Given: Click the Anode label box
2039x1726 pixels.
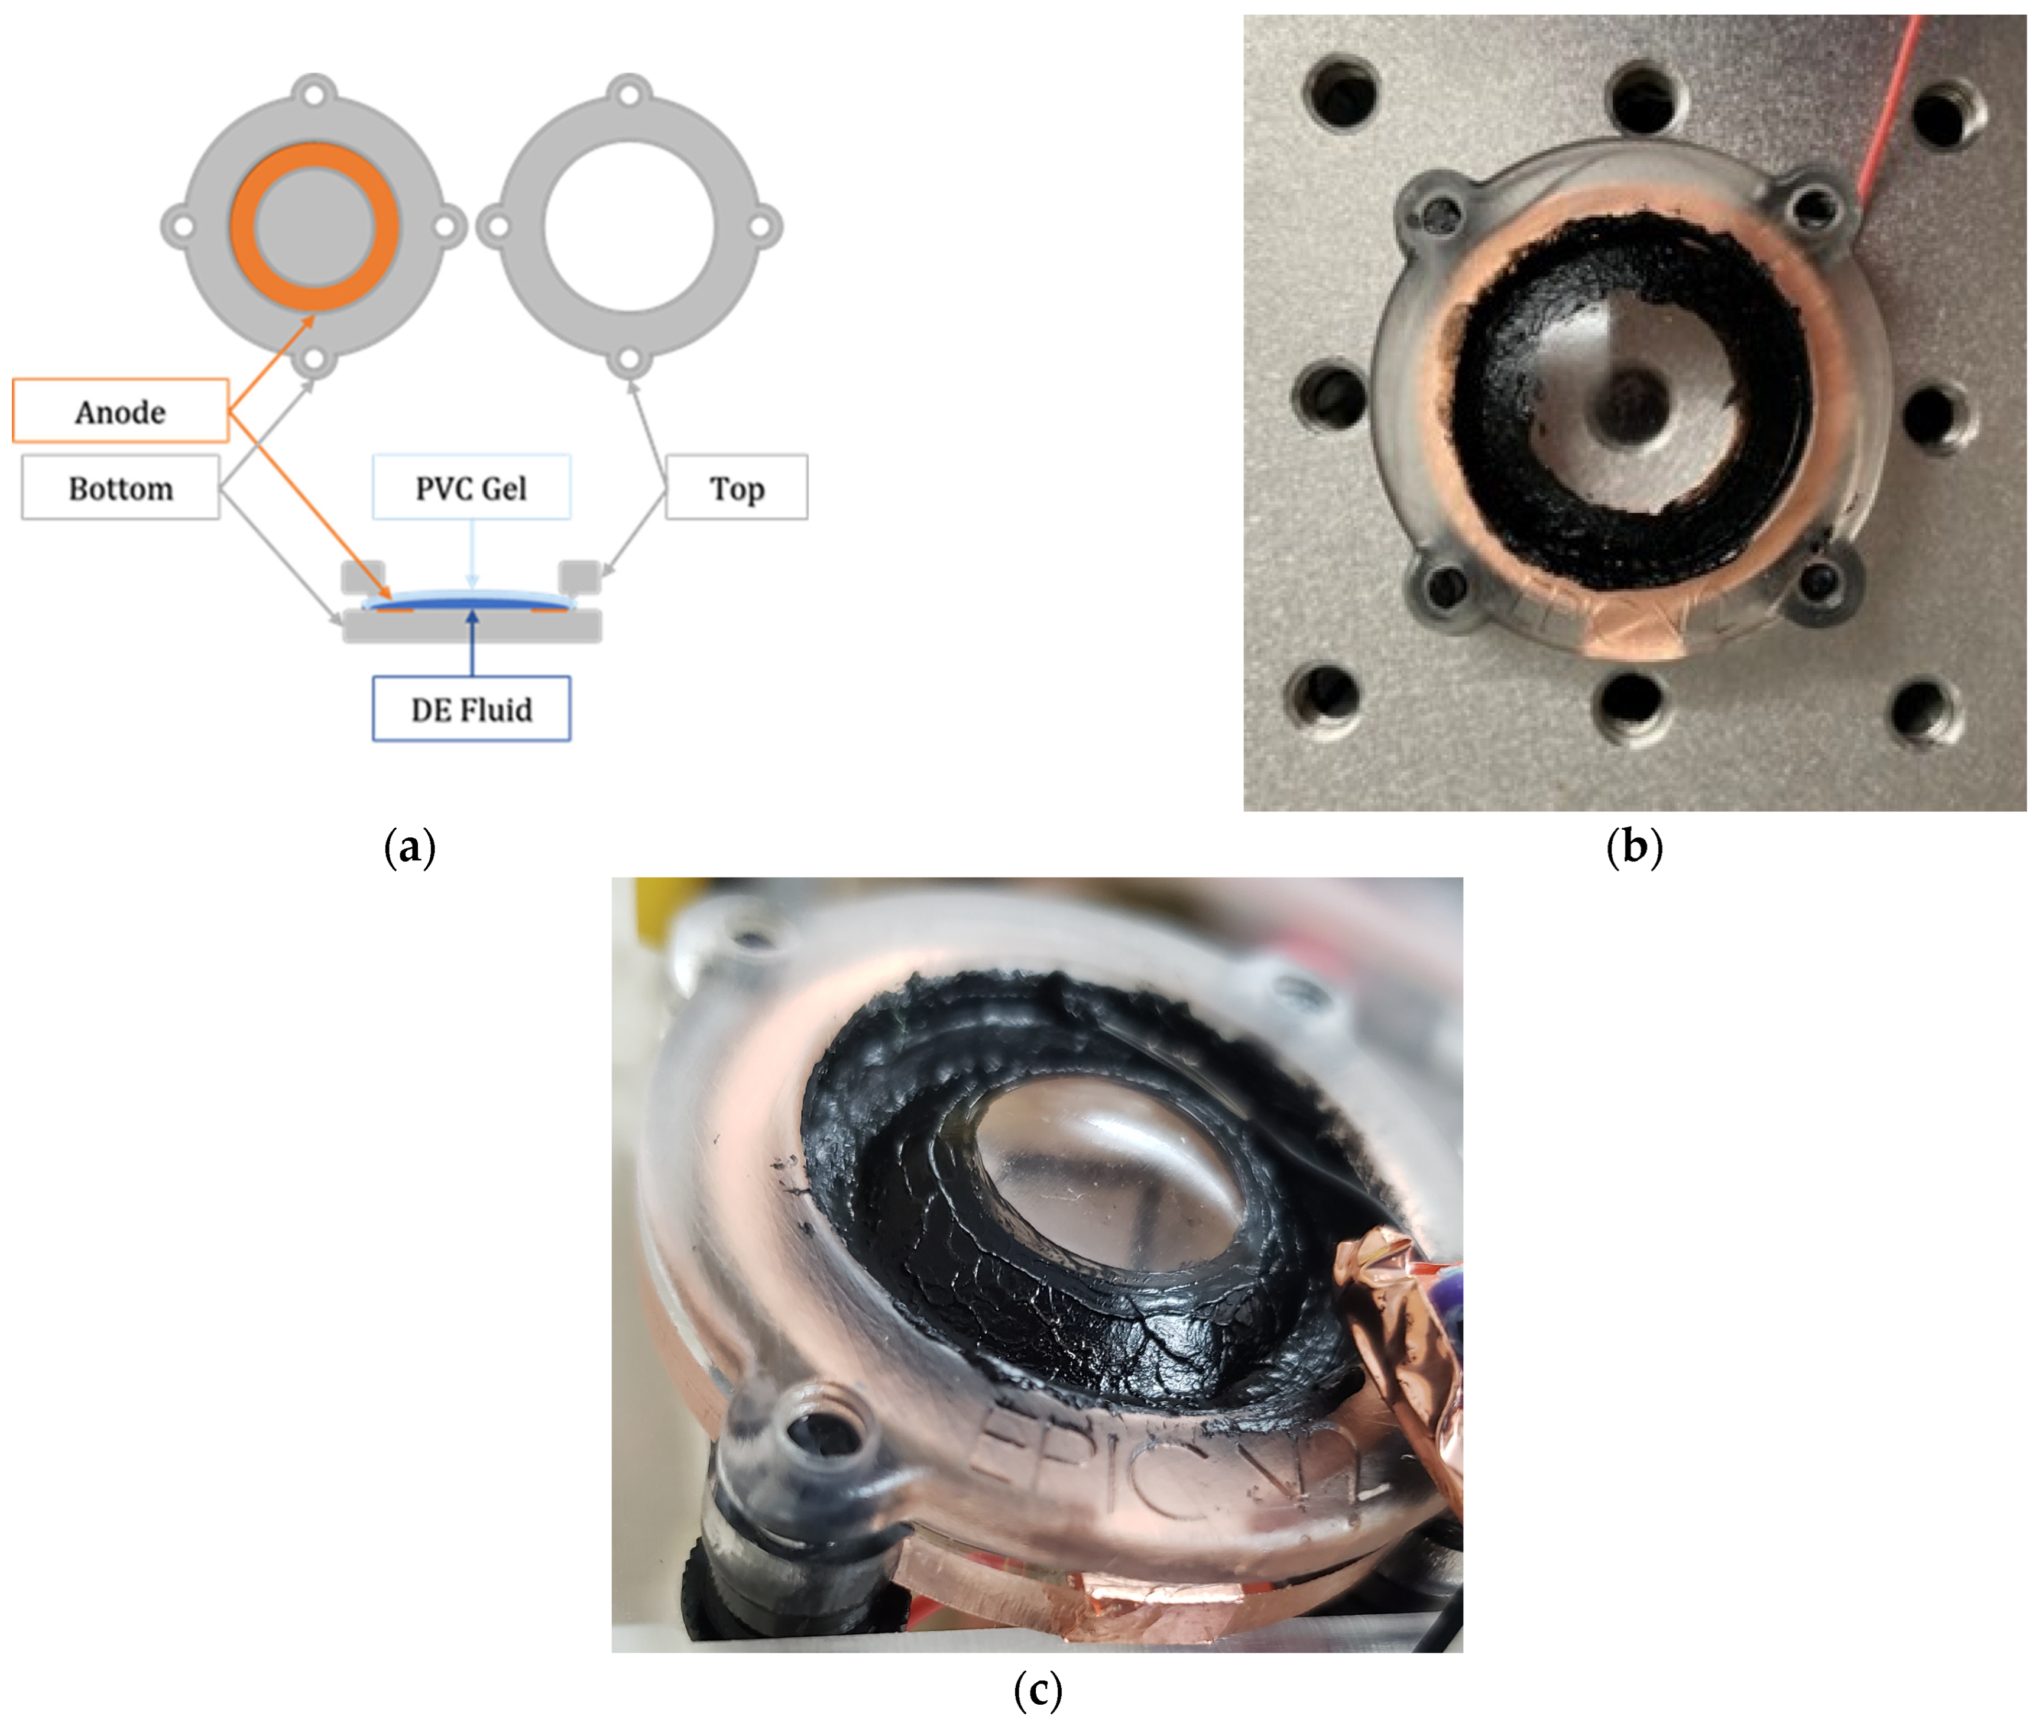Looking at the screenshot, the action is click(121, 411).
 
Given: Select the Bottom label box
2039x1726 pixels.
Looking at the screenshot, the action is click(121, 487).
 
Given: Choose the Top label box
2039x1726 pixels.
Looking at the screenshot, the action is click(736, 487).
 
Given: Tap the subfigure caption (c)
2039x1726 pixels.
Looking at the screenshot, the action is click(1036, 1690).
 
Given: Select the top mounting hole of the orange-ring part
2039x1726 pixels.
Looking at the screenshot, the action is click(314, 95).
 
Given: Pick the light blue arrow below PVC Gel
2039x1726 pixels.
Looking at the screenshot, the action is click(472, 553).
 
